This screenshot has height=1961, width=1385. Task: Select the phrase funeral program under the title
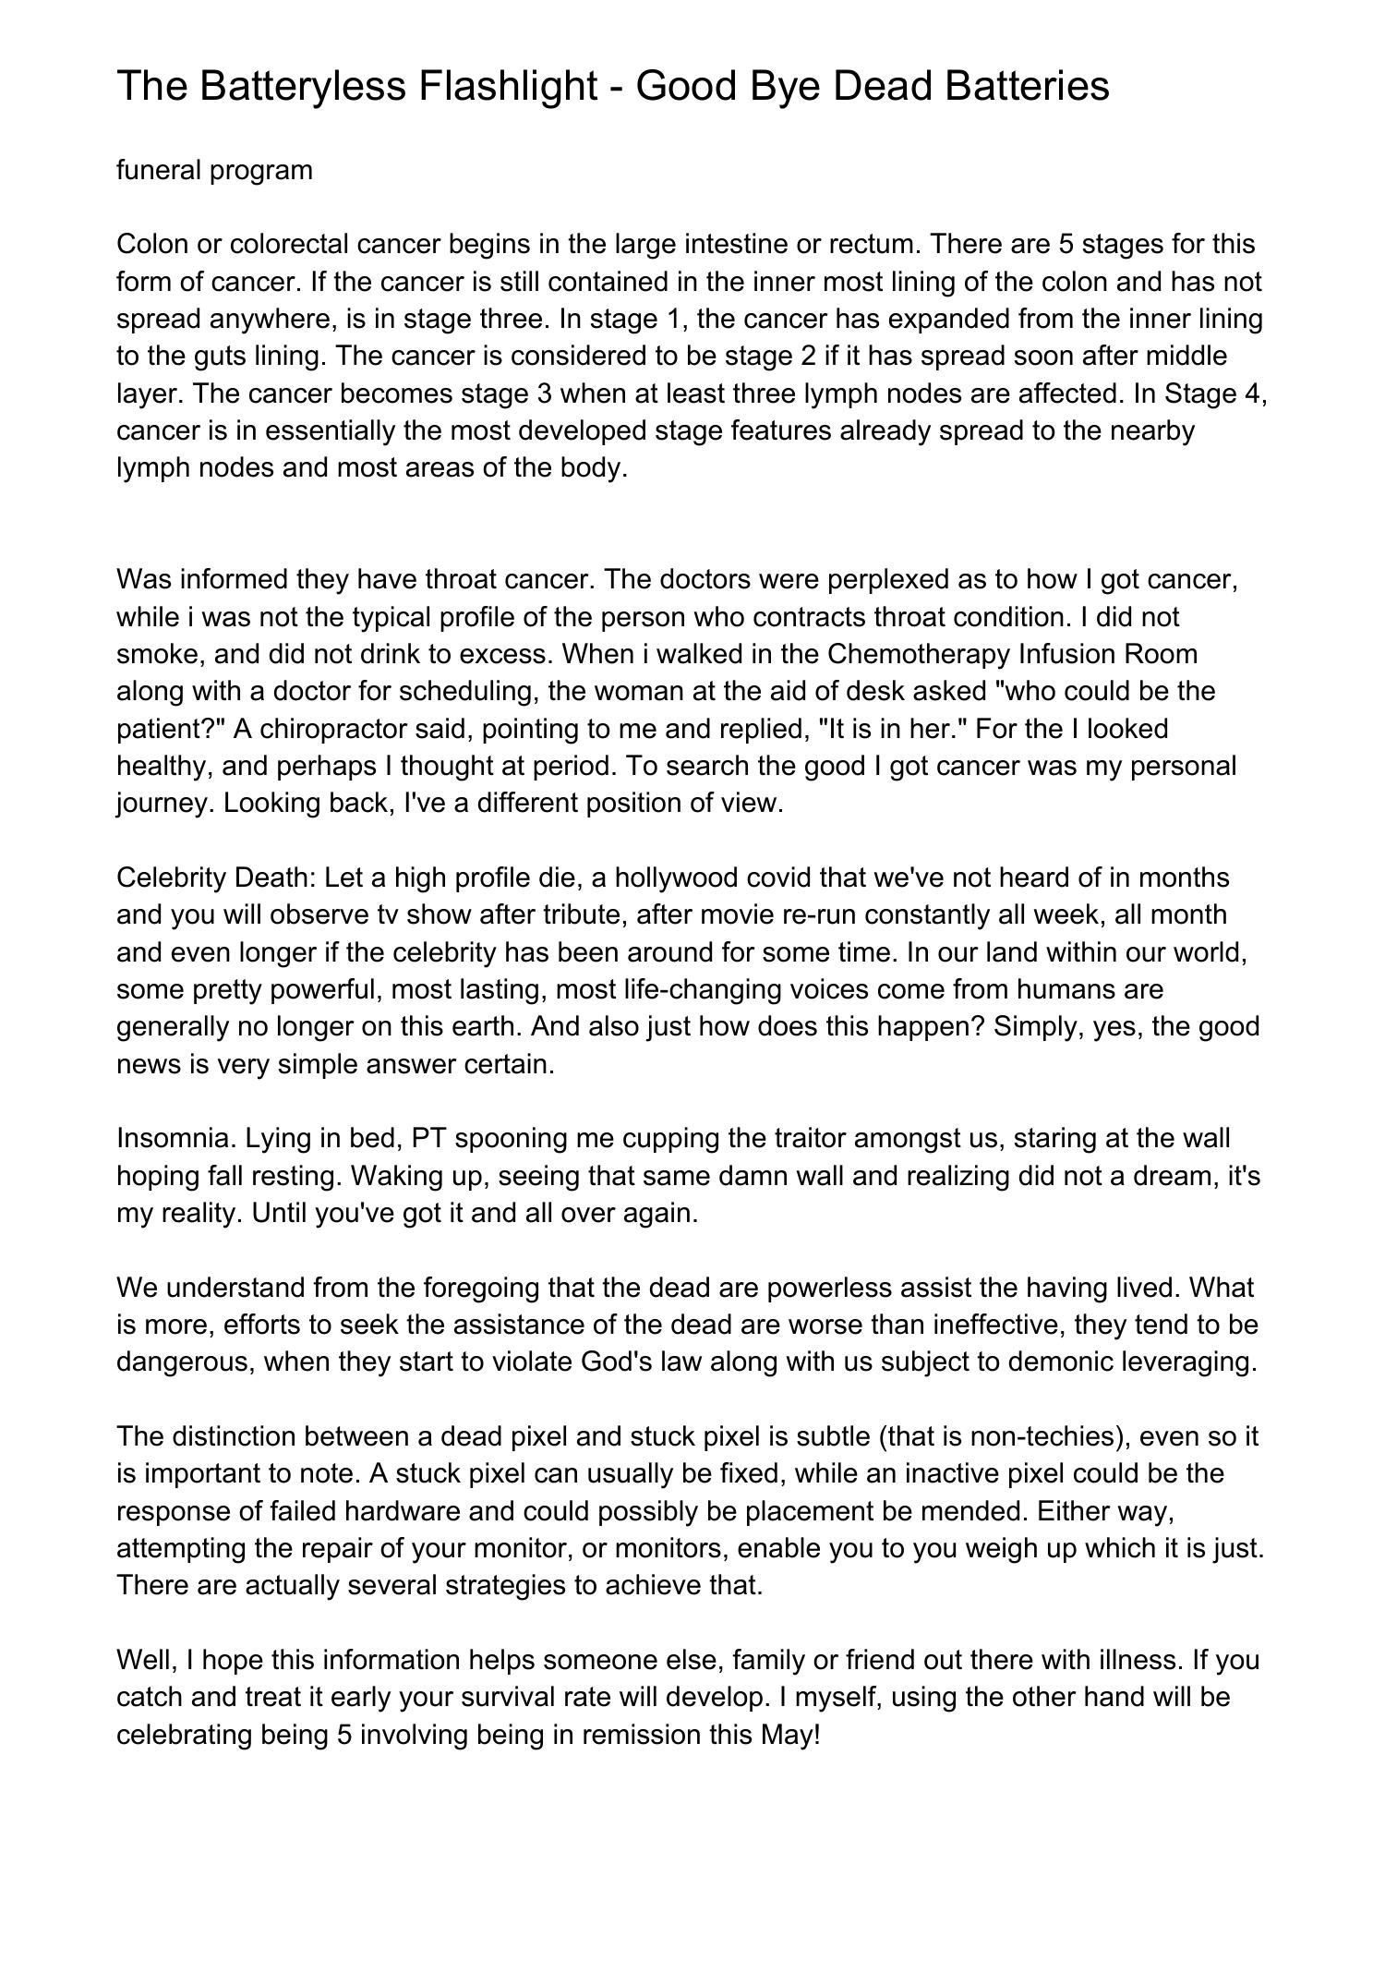click(x=214, y=170)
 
